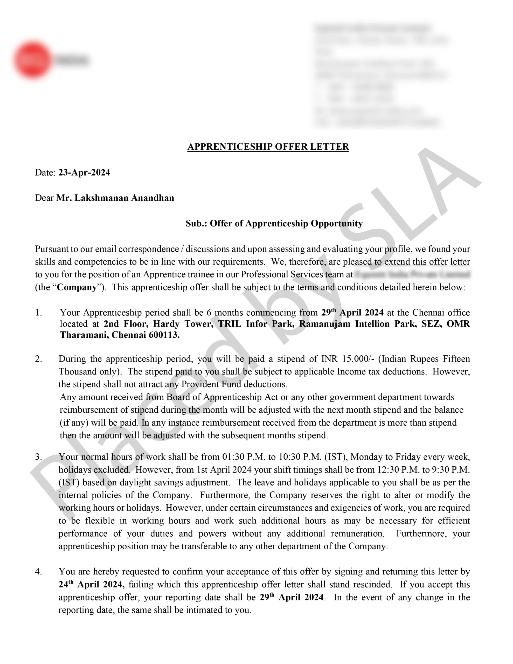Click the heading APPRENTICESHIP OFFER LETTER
(268, 147)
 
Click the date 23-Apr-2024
(84, 172)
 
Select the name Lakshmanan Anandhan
(124, 198)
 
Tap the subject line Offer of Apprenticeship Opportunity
(286, 224)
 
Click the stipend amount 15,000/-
(358, 359)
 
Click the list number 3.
(38, 457)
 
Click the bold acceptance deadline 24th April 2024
(91, 584)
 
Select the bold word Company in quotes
(77, 287)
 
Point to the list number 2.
(38, 359)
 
